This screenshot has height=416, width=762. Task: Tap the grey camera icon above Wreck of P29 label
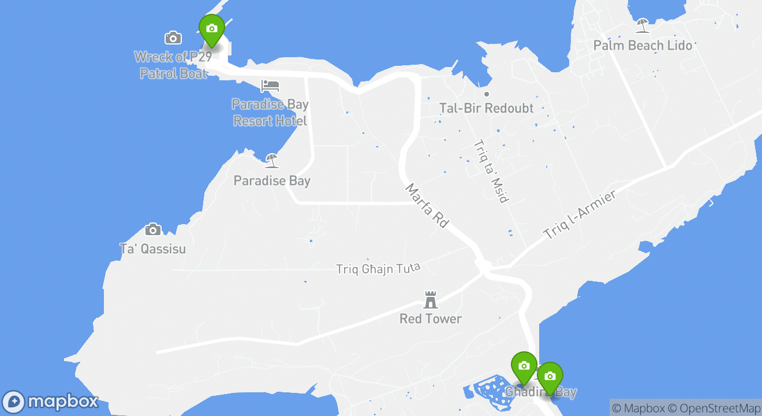coord(173,38)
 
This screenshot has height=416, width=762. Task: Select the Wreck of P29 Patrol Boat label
coord(173,65)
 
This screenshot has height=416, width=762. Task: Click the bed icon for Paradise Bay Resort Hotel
coord(270,86)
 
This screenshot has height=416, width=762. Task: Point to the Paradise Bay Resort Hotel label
coord(270,113)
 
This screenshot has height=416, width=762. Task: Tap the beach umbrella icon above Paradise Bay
coord(272,161)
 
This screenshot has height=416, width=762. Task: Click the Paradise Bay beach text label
coord(272,181)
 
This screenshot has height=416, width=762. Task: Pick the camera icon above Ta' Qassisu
coord(153,229)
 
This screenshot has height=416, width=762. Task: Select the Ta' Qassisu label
coord(153,249)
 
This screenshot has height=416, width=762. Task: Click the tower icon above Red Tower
coord(431,299)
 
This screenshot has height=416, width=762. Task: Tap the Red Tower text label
coord(431,319)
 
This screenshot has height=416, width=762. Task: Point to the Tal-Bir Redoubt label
coord(487,108)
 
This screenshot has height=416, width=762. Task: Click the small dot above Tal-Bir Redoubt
coord(487,94)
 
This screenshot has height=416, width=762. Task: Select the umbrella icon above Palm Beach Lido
coord(643,26)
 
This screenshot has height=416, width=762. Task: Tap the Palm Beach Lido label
coord(643,45)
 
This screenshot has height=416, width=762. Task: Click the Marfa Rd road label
coord(427,205)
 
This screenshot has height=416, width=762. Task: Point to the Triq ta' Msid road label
coord(491,171)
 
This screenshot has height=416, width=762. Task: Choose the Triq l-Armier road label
coord(580,214)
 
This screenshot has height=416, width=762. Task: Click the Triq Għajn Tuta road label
coord(379,269)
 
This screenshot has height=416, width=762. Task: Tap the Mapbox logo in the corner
coord(50,402)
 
